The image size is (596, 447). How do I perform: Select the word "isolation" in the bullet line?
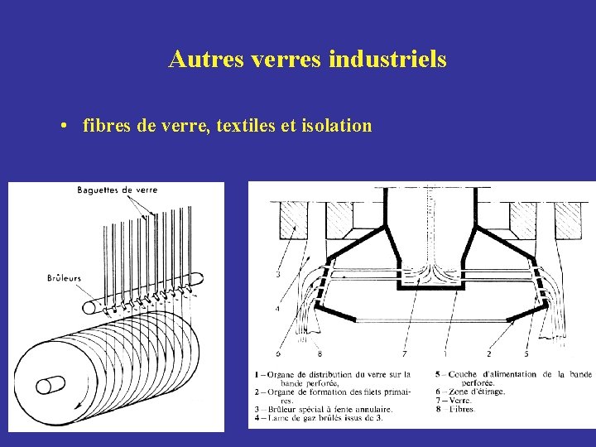(x=336, y=126)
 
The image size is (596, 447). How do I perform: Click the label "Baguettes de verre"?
(x=117, y=190)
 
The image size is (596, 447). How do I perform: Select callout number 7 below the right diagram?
(x=404, y=353)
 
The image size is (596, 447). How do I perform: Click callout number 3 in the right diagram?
(x=277, y=274)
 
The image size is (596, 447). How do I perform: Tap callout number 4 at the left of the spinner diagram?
(x=277, y=309)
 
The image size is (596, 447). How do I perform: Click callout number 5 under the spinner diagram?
(x=526, y=353)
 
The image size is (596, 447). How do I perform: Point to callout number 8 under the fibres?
(x=320, y=353)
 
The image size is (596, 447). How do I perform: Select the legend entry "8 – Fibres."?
(x=455, y=409)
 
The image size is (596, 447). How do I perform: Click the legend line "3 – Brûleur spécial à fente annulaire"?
(x=324, y=409)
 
